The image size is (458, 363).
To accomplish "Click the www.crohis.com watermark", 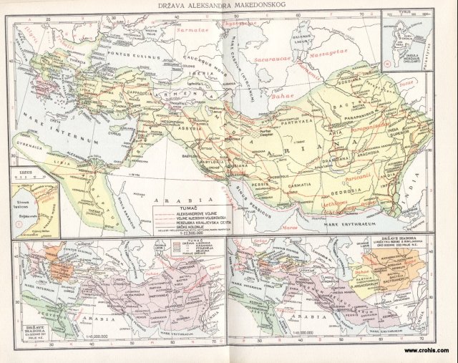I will click(428, 351).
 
